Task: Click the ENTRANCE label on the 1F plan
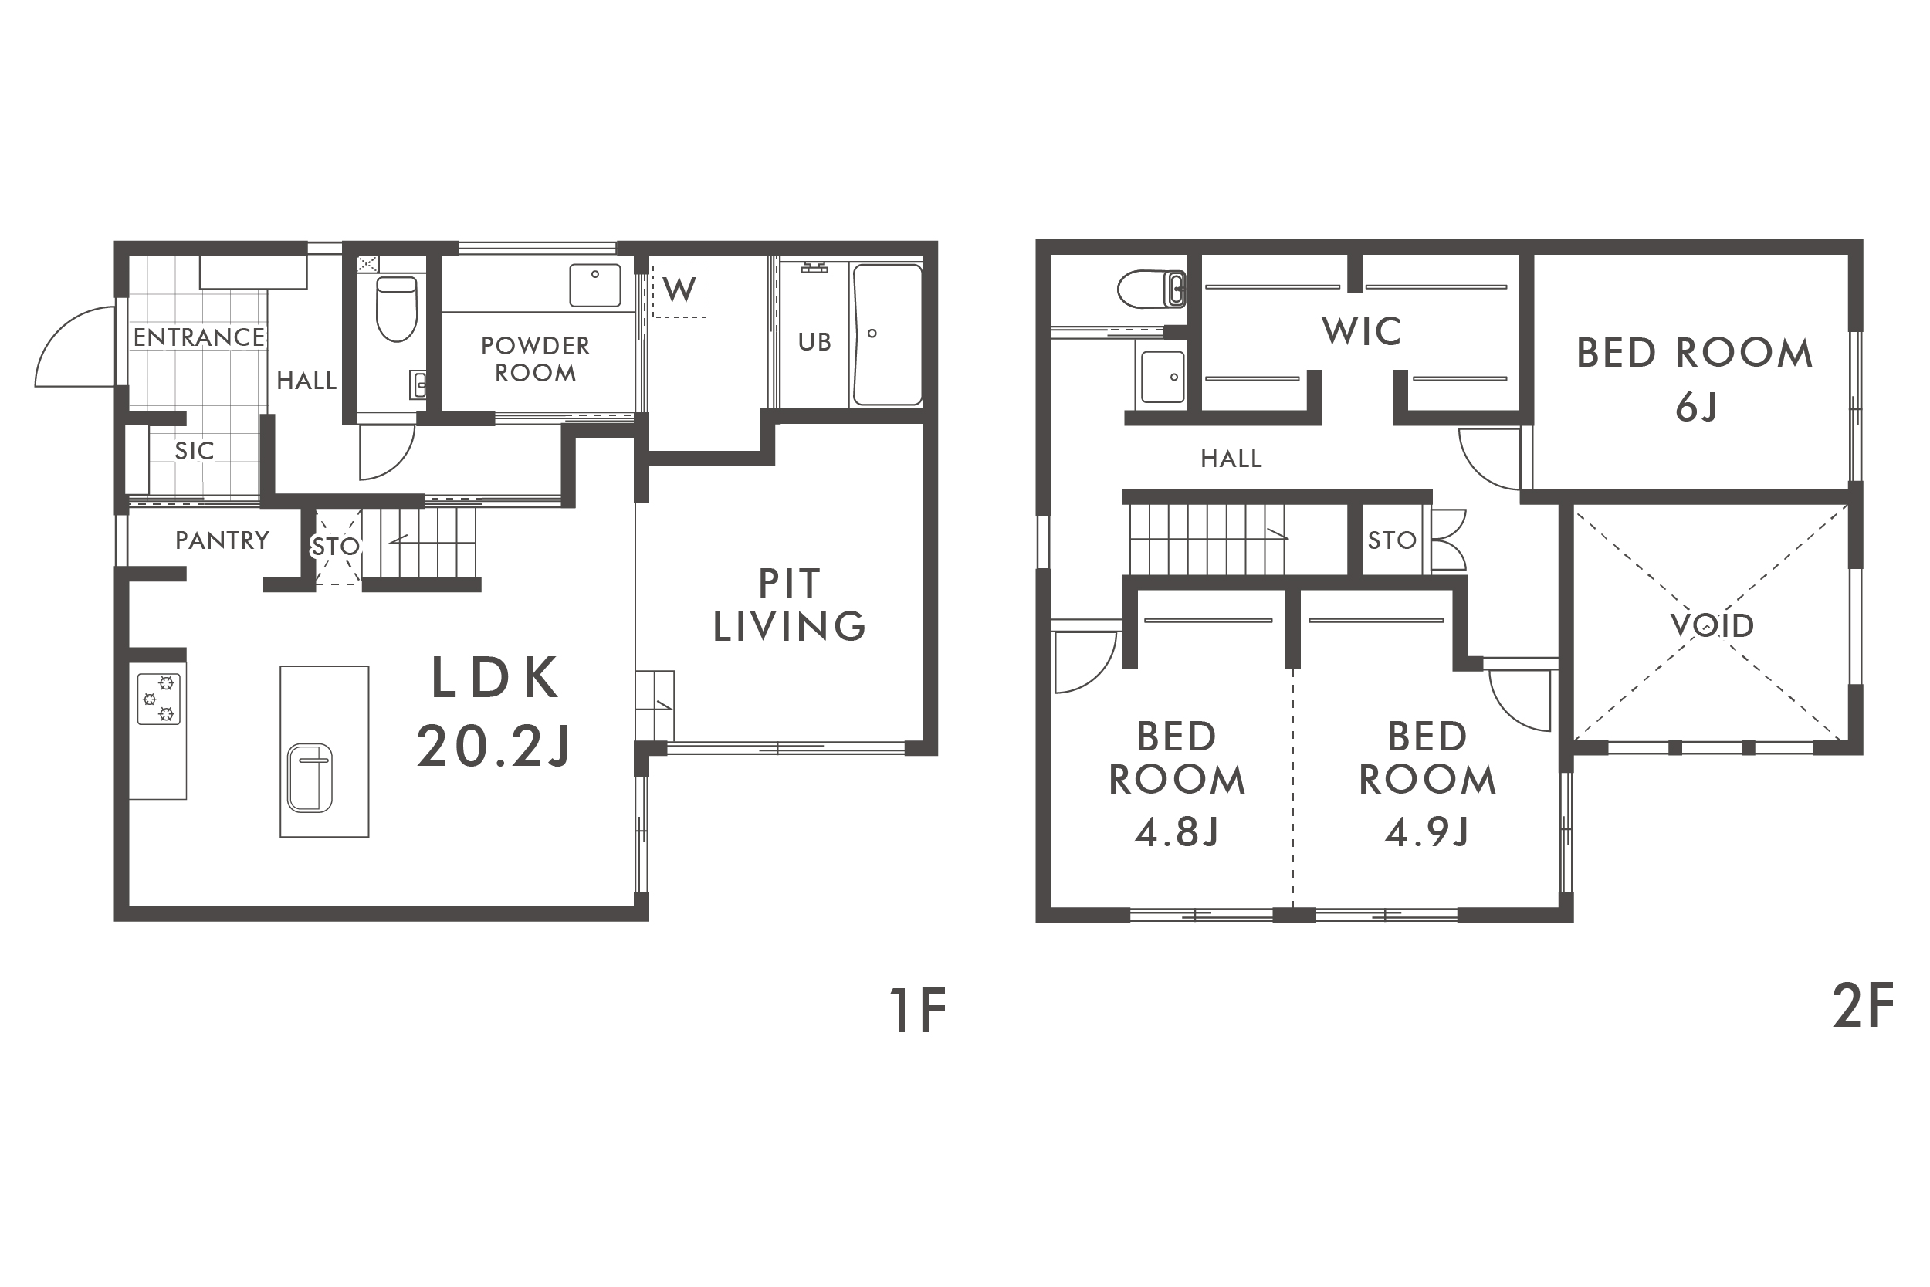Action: coord(198,337)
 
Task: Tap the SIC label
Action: coord(195,451)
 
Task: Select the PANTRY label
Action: coord(222,540)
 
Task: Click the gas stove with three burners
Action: coord(158,699)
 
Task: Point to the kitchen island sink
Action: coord(310,778)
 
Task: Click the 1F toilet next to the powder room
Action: coord(396,309)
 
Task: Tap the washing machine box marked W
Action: coord(679,289)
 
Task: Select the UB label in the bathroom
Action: coord(814,342)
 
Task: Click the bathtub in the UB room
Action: coord(888,335)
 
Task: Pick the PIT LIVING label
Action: coord(790,605)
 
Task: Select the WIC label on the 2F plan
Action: coord(1361,332)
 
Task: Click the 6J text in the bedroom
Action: coord(1696,407)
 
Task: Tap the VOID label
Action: coord(1712,625)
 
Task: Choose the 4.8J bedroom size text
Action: coord(1177,831)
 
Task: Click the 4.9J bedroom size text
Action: coord(1427,831)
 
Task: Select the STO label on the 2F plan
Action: coord(1392,540)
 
